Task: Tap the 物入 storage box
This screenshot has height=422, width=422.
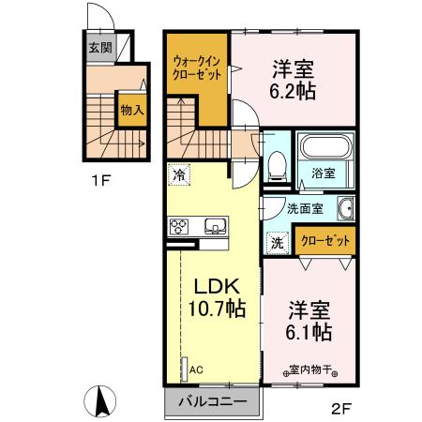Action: tap(130, 110)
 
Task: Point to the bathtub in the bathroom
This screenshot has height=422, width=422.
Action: tap(324, 147)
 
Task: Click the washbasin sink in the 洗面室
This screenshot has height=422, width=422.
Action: tap(345, 209)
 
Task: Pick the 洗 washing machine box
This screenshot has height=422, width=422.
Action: tap(277, 240)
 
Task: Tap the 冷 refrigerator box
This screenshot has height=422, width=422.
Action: tap(178, 174)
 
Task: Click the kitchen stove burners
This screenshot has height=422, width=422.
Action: tap(179, 225)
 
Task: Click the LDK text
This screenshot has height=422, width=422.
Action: tap(219, 287)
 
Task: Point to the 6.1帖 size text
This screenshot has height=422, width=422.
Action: tap(308, 332)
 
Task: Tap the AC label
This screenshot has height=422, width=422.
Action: tap(197, 369)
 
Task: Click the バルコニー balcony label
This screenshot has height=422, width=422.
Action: tap(214, 402)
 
